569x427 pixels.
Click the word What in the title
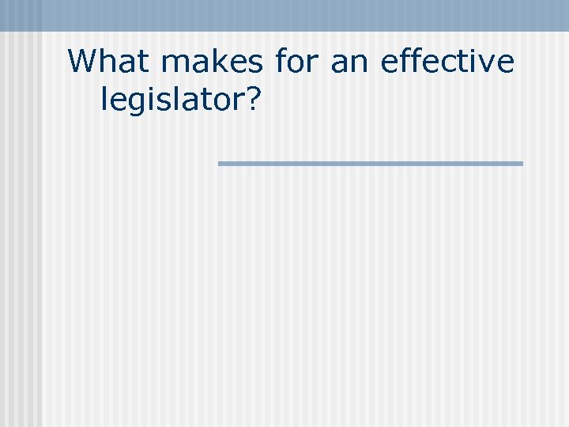(x=110, y=62)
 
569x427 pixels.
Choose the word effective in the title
(x=447, y=62)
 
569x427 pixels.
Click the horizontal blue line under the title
(x=370, y=164)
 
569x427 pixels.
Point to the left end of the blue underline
(x=220, y=164)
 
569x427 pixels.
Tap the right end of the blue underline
(x=521, y=164)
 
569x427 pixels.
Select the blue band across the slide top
(x=284, y=15)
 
